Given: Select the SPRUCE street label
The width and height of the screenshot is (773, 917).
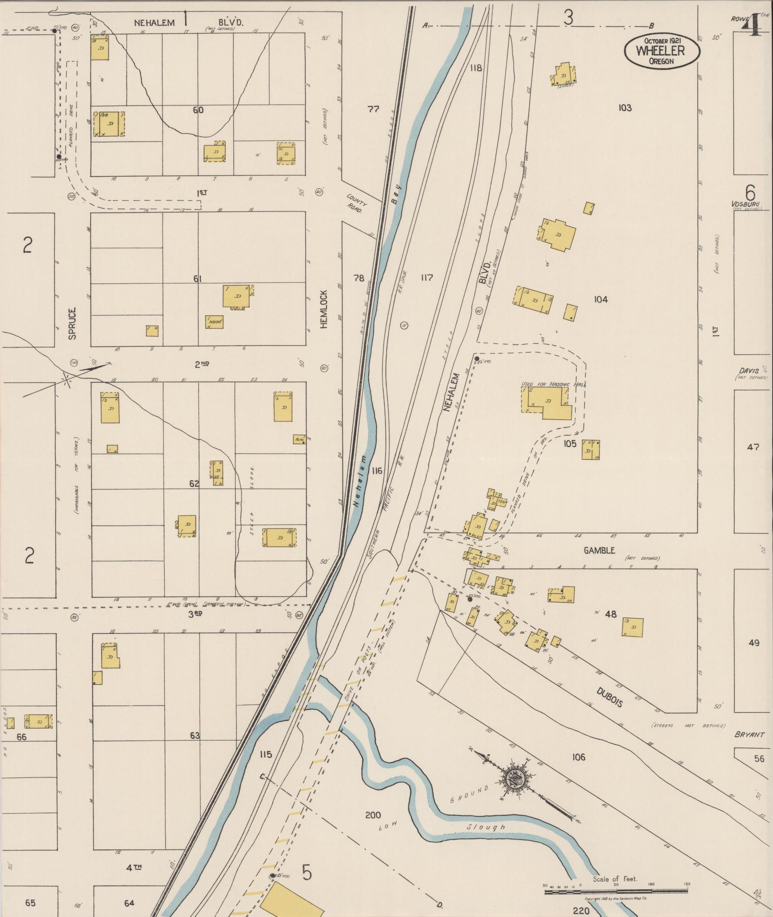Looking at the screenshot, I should tap(72, 324).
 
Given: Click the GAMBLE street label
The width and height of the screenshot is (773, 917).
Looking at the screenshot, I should tap(599, 551).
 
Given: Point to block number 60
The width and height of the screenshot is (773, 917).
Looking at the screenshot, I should tap(198, 110).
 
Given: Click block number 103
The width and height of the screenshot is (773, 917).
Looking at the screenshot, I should tap(624, 108).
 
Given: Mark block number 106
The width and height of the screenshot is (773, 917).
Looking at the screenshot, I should tap(578, 757).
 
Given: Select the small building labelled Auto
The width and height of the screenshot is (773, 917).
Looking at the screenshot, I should tap(299, 439).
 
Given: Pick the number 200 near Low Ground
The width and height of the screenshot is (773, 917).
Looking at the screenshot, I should tap(373, 815).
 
